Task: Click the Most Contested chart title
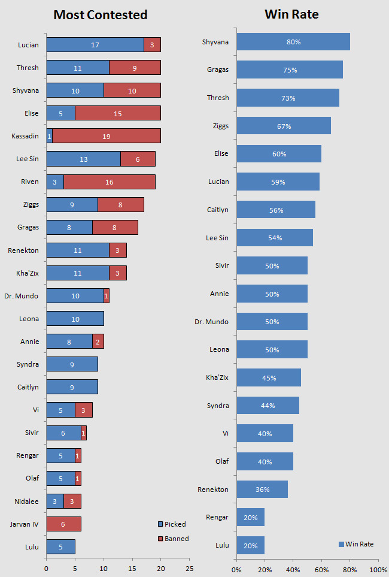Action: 100,15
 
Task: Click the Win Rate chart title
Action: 292,15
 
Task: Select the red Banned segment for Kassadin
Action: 107,136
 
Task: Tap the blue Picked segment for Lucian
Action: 95,44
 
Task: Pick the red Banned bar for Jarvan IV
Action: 63,524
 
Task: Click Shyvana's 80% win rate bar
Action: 293,42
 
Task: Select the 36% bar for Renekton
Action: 262,489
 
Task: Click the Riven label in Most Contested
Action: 29,182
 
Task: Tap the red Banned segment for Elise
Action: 118,113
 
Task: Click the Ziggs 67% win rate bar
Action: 284,126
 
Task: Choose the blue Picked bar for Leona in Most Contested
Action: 75,319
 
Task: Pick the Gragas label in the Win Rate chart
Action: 216,70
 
